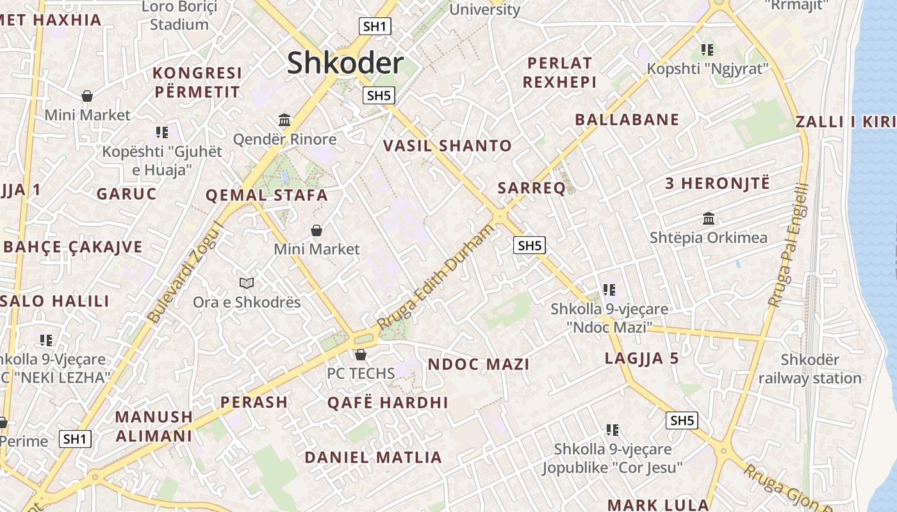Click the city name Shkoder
tap(345, 63)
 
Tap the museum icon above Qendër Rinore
tap(284, 120)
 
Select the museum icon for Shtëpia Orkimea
tap(709, 218)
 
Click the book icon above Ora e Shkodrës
tap(247, 283)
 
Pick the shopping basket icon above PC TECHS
tap(361, 354)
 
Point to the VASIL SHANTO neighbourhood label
tap(447, 146)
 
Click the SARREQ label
tap(532, 188)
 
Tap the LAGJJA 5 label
tap(641, 358)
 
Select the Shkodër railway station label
tap(810, 369)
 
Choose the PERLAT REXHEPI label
tap(559, 72)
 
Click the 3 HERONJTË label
tap(717, 184)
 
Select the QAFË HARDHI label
tap(388, 403)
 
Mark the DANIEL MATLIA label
tap(373, 458)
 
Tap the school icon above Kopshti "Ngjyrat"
tap(707, 49)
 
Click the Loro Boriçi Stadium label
tap(179, 16)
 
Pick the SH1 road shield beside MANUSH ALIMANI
tap(75, 439)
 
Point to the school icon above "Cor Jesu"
tap(613, 429)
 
